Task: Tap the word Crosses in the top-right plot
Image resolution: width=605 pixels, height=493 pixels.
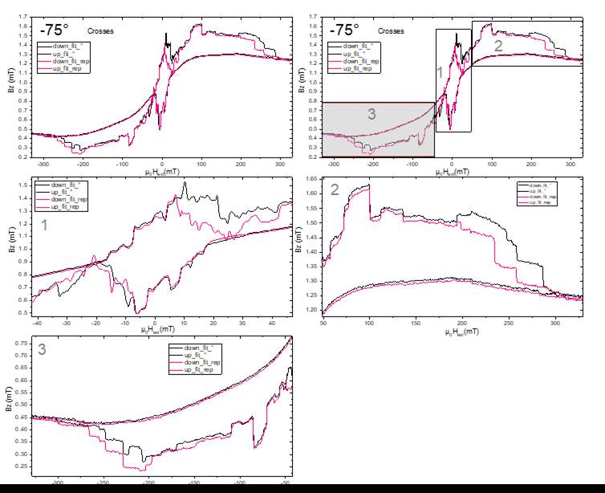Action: tap(390, 31)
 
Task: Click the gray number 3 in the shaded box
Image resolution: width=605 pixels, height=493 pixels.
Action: tap(372, 114)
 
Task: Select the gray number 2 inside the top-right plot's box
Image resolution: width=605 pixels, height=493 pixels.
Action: tap(497, 46)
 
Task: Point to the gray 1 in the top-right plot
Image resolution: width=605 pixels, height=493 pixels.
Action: tap(439, 73)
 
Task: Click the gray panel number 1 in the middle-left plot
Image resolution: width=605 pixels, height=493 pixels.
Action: tap(45, 227)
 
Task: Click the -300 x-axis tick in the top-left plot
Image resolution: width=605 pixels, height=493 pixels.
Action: tap(47, 164)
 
